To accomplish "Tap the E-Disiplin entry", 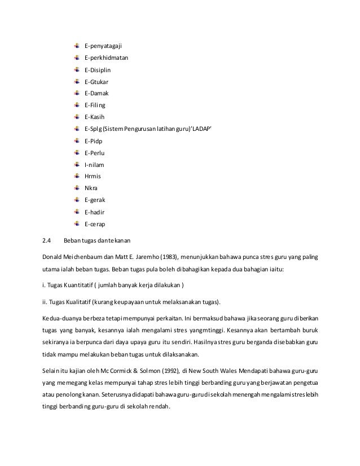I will point(98,70).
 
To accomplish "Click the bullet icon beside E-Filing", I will point(77,105).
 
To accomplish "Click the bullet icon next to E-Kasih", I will point(77,117).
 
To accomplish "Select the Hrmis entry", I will point(93,176).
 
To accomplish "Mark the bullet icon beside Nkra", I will point(77,188).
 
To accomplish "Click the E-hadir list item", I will point(95,212).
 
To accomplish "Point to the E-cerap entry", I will point(95,224).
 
